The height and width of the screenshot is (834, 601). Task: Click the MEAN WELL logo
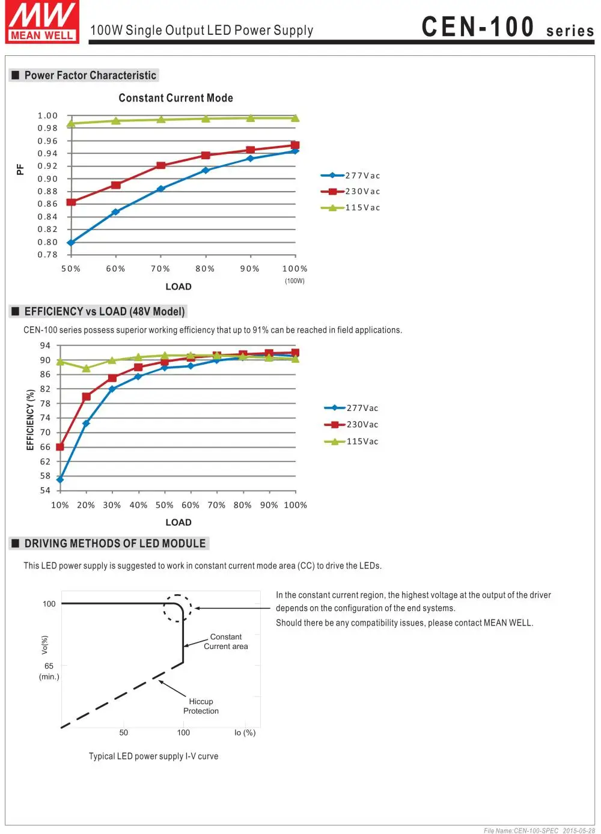click(x=42, y=22)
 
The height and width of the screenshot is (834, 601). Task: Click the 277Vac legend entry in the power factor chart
click(x=350, y=175)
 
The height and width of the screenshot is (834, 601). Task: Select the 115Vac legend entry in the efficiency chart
click(x=351, y=441)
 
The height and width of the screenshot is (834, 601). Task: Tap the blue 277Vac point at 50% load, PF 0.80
click(x=71, y=242)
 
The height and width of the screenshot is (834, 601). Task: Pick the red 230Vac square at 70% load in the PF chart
click(x=161, y=165)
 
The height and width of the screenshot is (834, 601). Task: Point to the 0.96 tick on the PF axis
click(x=47, y=141)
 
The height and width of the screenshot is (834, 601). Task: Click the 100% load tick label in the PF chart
click(x=294, y=269)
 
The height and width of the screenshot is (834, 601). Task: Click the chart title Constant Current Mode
click(x=175, y=98)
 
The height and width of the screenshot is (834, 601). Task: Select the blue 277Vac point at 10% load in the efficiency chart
click(x=60, y=479)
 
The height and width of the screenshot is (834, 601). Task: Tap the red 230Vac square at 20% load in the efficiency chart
click(x=87, y=397)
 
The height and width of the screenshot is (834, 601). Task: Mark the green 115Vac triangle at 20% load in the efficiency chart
click(x=86, y=368)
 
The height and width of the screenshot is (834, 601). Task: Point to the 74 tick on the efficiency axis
click(x=45, y=418)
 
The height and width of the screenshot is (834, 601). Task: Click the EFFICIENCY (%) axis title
click(x=30, y=419)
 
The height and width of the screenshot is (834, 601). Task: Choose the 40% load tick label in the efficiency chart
click(x=138, y=505)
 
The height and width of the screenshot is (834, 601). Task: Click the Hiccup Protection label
click(x=201, y=706)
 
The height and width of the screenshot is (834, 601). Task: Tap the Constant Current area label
click(x=225, y=642)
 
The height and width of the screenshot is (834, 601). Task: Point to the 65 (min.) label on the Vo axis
click(x=49, y=671)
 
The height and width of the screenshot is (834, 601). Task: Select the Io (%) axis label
click(x=245, y=732)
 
